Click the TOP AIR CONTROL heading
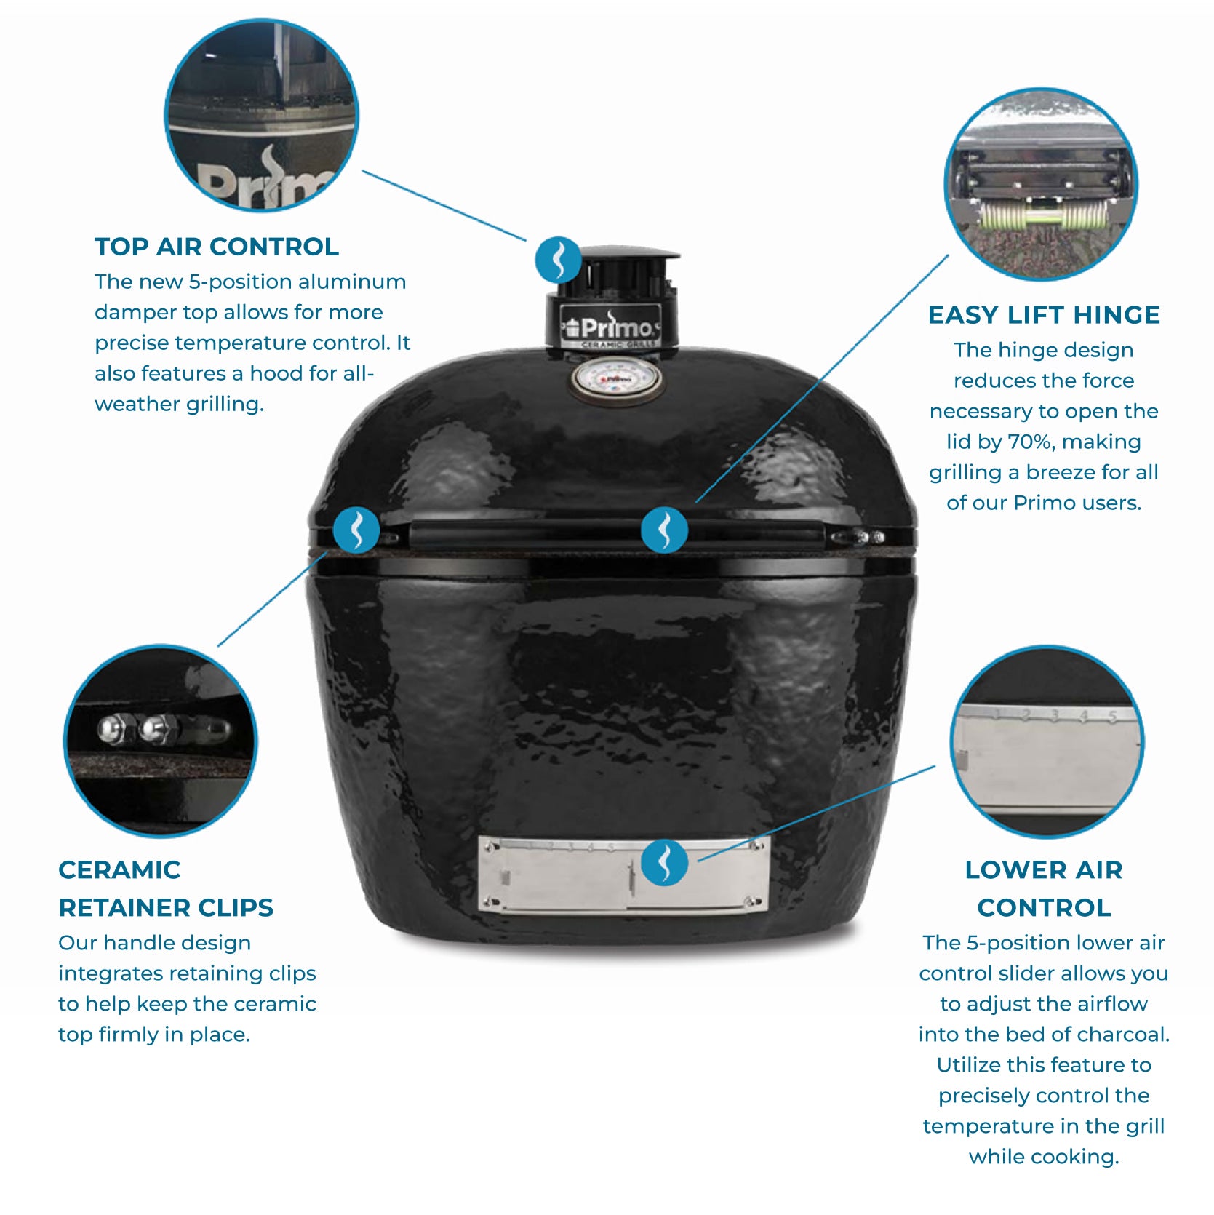click(217, 247)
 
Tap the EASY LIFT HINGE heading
click(1044, 315)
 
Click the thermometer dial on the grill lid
click(616, 379)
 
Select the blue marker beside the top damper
click(558, 259)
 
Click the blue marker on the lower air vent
click(664, 862)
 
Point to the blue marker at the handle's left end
click(356, 530)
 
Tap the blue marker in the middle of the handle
click(664, 530)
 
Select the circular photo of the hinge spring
click(1041, 185)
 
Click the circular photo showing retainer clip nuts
click(161, 741)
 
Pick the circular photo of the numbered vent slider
click(1047, 741)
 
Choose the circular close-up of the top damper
click(262, 116)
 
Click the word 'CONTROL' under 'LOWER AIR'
click(1044, 907)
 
